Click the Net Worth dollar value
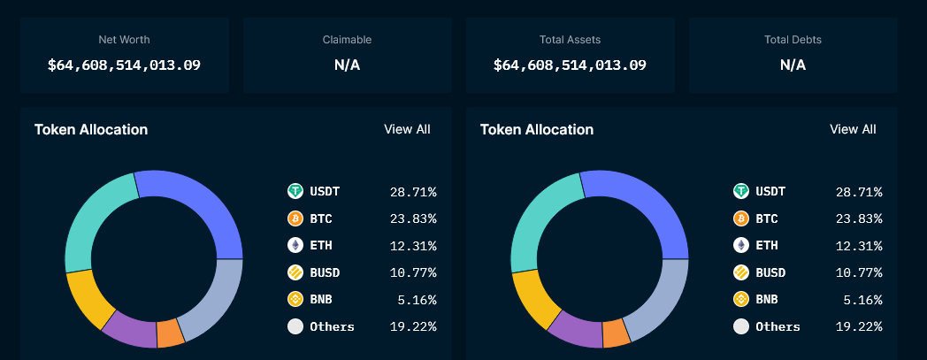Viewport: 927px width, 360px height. tap(124, 65)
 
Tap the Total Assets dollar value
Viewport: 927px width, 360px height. tap(570, 65)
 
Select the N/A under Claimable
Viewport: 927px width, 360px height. tap(347, 65)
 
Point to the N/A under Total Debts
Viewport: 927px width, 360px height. tap(793, 65)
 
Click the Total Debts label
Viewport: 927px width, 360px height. tap(793, 40)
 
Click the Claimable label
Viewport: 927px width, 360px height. tap(347, 40)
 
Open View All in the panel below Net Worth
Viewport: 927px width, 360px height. tap(407, 129)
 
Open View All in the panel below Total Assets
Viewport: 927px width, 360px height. tap(853, 129)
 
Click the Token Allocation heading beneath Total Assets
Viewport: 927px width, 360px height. tap(536, 130)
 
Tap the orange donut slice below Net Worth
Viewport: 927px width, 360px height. tap(170, 333)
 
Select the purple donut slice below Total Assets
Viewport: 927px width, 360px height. tap(574, 328)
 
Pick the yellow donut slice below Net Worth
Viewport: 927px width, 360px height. tap(89, 298)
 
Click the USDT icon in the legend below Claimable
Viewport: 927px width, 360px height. tap(295, 191)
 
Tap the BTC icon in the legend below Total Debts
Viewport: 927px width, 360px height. tap(741, 218)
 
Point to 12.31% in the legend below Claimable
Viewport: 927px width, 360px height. tap(413, 246)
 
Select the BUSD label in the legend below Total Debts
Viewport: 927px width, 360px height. tap(770, 272)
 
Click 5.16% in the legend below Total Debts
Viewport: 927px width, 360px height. tap(862, 300)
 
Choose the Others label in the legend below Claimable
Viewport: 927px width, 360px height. tap(332, 326)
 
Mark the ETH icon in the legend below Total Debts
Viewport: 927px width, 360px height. tap(741, 246)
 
